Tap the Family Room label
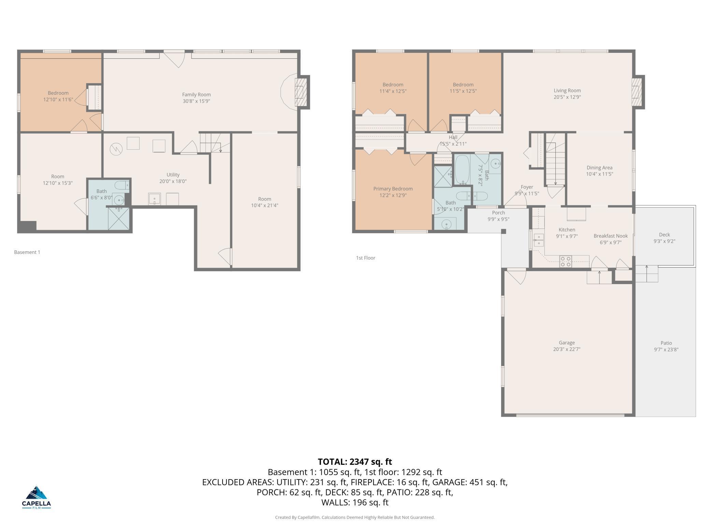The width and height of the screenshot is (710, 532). pos(196,95)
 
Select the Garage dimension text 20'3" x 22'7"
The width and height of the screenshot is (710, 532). pos(567,349)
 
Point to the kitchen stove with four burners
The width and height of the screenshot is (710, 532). pos(566,261)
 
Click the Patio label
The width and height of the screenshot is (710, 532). pos(666,343)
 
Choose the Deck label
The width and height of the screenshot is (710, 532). pos(664,235)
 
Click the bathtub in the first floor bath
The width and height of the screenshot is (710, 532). pos(462,169)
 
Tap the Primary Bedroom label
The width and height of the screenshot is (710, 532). pos(393,189)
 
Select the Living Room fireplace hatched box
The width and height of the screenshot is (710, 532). pos(637,92)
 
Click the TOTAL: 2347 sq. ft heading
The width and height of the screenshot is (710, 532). pos(355,462)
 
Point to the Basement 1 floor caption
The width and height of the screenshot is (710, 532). pos(27,252)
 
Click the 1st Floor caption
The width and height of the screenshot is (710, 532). pos(365,258)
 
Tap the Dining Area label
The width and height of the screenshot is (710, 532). pos(599,168)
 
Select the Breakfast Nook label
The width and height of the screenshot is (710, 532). pos(610,236)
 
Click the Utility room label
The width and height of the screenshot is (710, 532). pos(173,175)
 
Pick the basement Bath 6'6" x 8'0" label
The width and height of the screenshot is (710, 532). pos(101,191)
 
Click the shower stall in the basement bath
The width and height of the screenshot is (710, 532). pos(118,218)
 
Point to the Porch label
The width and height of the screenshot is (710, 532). pos(498,213)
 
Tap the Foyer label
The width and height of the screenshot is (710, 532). pos(527,187)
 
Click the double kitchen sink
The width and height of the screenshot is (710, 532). pos(539,240)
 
